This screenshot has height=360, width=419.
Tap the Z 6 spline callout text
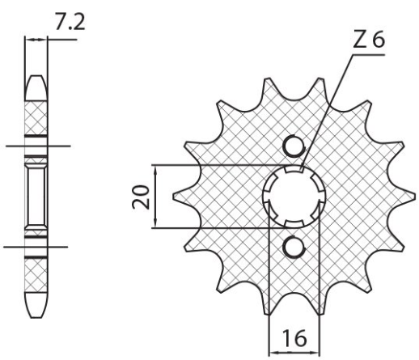(x=369, y=40)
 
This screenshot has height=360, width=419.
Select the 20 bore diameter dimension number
(x=141, y=197)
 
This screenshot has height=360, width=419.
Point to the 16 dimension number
(x=294, y=338)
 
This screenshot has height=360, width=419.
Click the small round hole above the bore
(x=294, y=146)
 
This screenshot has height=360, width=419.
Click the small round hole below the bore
(x=294, y=248)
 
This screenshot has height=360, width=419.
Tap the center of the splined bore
(x=294, y=197)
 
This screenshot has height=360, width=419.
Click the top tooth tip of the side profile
(x=36, y=76)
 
